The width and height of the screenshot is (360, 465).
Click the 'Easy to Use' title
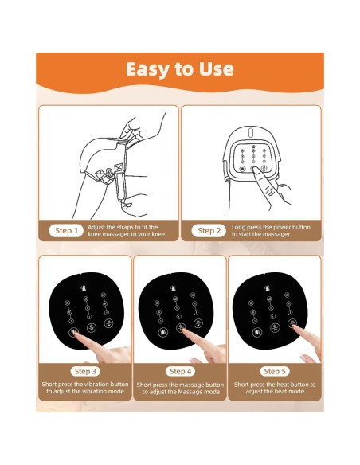(180, 70)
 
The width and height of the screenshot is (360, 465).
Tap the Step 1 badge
(66, 231)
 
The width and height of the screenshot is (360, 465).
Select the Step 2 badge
(209, 231)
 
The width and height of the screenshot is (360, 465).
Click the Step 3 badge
(85, 371)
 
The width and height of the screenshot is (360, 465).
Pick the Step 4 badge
(180, 371)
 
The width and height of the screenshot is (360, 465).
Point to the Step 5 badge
(275, 371)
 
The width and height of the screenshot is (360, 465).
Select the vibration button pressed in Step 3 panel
(73, 332)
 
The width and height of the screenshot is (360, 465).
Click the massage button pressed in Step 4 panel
(181, 327)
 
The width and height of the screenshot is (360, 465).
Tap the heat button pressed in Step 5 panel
(292, 323)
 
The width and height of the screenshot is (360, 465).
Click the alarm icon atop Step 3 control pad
(84, 287)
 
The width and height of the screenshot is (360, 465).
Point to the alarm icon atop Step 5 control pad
(267, 287)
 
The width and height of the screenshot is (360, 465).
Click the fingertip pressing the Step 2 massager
(255, 170)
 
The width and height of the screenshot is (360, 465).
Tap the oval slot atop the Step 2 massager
(251, 132)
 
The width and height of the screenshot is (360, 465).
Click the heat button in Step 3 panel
(109, 323)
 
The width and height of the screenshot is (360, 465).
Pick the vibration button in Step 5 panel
(256, 332)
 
